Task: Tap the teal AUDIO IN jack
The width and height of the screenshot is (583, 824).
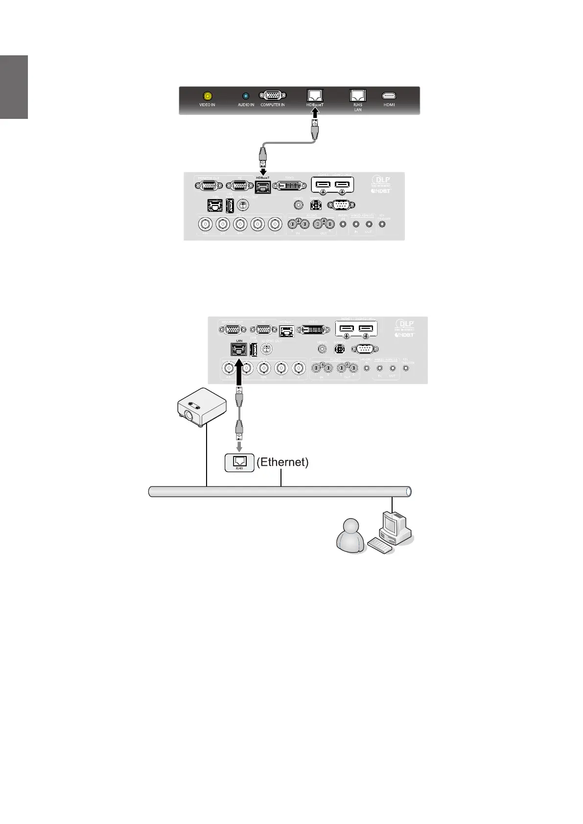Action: click(x=246, y=96)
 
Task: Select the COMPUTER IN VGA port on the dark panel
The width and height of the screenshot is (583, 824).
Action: click(x=273, y=96)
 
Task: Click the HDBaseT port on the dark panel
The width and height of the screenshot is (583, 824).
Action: click(x=315, y=95)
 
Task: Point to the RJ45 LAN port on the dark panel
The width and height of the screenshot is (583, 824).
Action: click(x=358, y=95)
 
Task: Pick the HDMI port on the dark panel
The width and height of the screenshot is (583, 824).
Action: click(x=389, y=96)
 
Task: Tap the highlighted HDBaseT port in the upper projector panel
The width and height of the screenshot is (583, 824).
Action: click(x=263, y=187)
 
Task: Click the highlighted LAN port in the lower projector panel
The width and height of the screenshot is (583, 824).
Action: click(x=239, y=349)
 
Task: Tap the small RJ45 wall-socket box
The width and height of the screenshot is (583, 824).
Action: click(x=239, y=462)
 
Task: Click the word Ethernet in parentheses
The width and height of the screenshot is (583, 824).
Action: click(x=282, y=462)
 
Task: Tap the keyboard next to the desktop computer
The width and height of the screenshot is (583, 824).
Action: click(x=380, y=546)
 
